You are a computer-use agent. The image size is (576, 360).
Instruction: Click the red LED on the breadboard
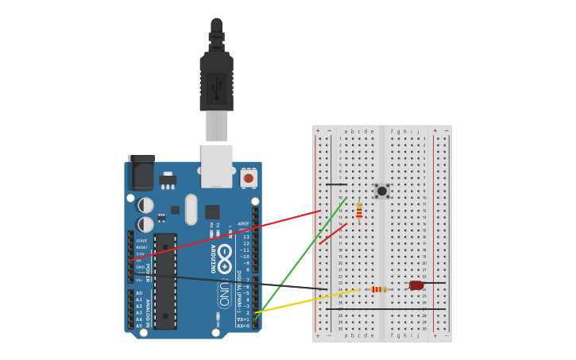pos(416,285)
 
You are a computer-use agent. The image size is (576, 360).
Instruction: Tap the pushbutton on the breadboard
pos(382,191)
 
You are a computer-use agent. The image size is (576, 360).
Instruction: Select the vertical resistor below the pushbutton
pos(359,211)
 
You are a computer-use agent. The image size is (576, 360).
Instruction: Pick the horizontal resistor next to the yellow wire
pos(379,289)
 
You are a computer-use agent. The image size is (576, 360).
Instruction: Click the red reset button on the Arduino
pos(249,178)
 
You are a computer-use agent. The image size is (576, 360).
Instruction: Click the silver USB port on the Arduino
pos(216,165)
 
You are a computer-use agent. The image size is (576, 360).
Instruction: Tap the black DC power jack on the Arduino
pos(141,173)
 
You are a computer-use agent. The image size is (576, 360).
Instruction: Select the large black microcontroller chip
pos(165,280)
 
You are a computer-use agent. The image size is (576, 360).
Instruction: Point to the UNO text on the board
pos(225,294)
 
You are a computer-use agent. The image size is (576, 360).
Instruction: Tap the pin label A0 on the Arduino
pos(139,293)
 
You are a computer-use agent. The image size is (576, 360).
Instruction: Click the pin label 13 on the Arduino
pos(245,237)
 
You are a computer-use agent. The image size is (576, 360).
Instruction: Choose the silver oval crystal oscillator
pos(191,209)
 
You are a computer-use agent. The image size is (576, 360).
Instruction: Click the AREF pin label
pos(243,224)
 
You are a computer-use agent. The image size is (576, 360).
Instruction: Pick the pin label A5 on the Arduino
pos(139,326)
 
